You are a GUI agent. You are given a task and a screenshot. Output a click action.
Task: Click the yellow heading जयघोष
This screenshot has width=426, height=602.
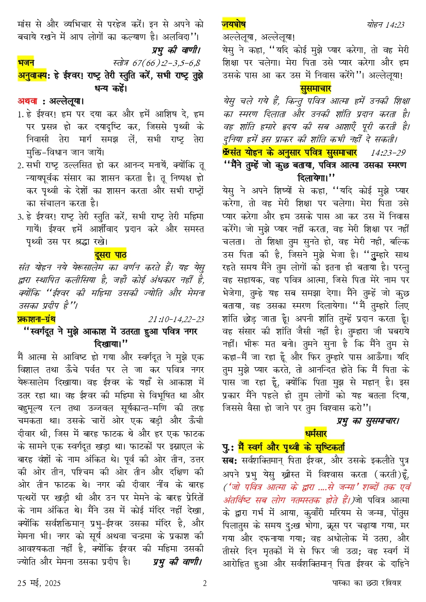[x=233, y=24]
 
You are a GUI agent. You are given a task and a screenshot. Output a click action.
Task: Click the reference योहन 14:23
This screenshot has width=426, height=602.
[x=386, y=25]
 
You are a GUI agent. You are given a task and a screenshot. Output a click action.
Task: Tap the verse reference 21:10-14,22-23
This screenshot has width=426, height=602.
[x=176, y=319]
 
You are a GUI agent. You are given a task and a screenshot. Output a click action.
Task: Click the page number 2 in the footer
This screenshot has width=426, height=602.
[x=205, y=584]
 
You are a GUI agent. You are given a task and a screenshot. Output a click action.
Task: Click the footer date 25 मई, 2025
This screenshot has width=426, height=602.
[x=39, y=584]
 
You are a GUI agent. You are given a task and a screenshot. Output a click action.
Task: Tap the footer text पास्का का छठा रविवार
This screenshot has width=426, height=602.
[x=363, y=584]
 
